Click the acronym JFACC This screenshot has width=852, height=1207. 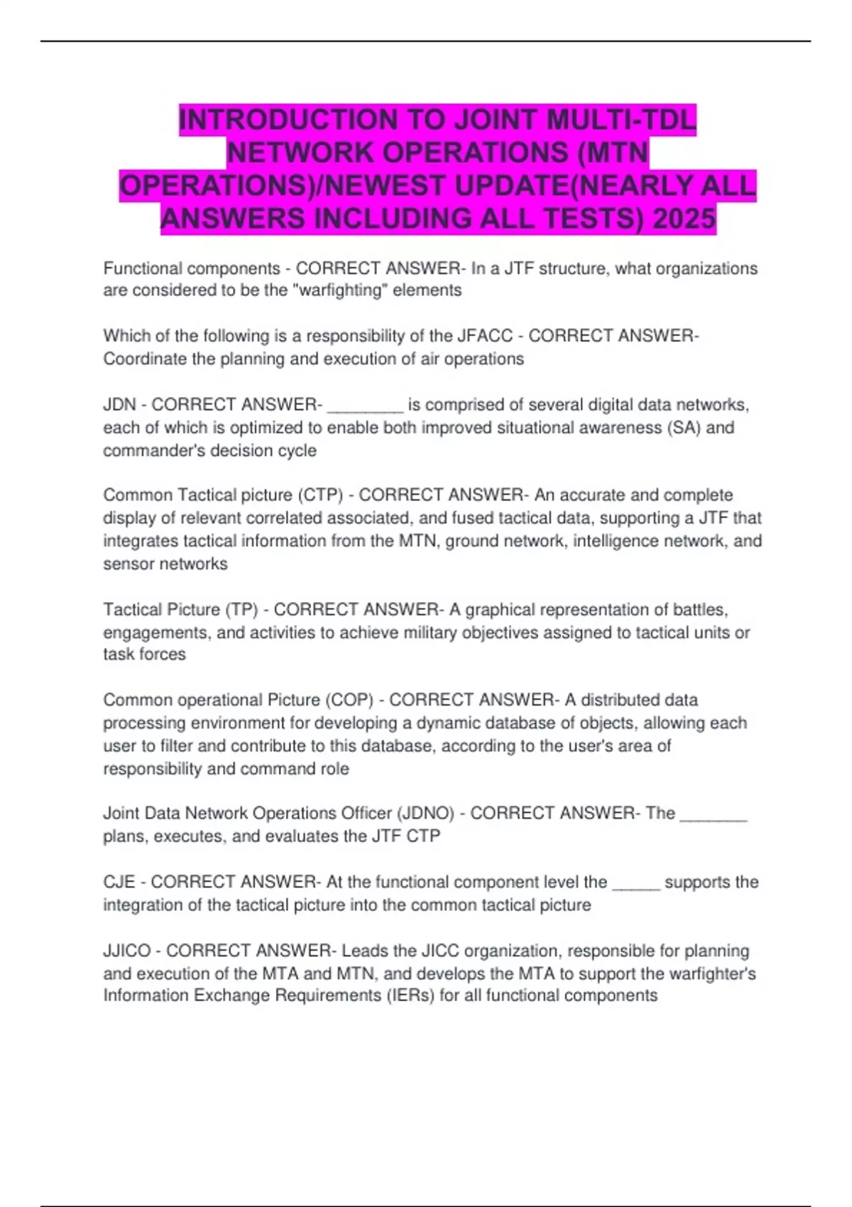click(486, 336)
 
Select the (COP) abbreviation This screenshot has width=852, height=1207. click(349, 700)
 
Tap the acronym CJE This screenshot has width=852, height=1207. click(119, 882)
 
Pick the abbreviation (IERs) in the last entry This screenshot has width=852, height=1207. click(410, 995)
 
